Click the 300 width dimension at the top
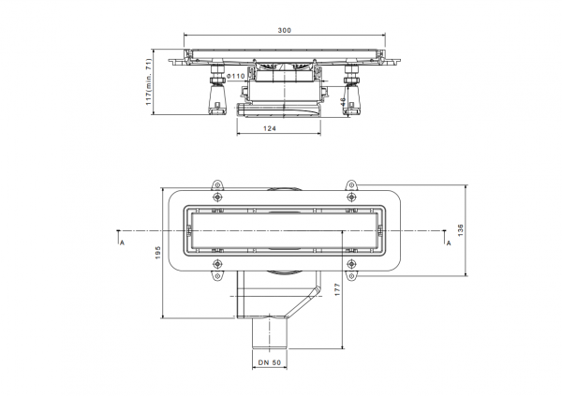click(x=284, y=31)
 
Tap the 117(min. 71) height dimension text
click(x=149, y=81)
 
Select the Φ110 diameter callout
click(x=236, y=76)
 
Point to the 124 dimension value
click(x=270, y=128)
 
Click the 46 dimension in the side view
click(x=343, y=102)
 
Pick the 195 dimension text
click(x=157, y=253)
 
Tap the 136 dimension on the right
click(x=461, y=230)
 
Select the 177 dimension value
click(x=337, y=289)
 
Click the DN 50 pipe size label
click(x=270, y=362)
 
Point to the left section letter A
click(x=122, y=243)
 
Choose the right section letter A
click(x=449, y=243)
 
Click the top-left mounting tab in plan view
click(x=217, y=185)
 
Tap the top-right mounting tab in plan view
click(x=351, y=185)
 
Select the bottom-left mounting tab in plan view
click(x=217, y=276)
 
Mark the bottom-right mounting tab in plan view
click(x=351, y=276)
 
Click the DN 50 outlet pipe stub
click(x=270, y=333)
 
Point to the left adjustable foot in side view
click(x=217, y=90)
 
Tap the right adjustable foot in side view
click(x=351, y=90)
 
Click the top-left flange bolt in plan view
click(x=217, y=197)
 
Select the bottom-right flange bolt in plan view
click(x=351, y=265)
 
